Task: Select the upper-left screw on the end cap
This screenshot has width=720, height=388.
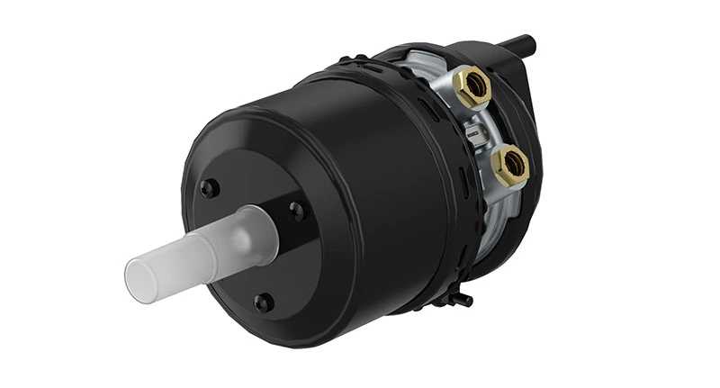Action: coord(209,188)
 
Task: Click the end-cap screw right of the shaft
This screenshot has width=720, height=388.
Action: coord(296,212)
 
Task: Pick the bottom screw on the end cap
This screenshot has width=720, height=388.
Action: coord(263,302)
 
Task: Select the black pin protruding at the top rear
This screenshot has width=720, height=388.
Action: coord(520,42)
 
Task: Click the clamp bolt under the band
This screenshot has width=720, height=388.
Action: coord(461,298)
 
